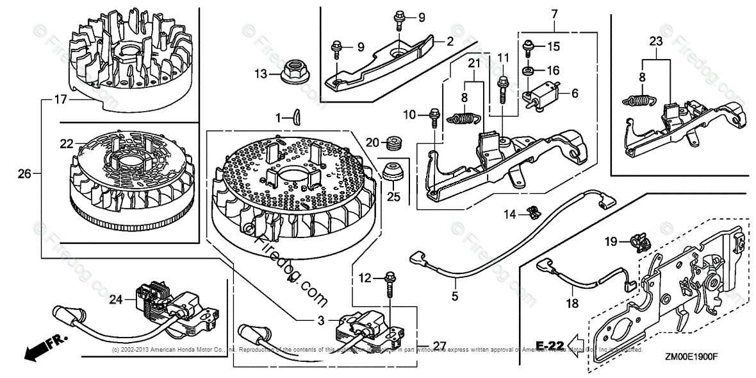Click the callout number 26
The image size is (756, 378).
coord(24,173)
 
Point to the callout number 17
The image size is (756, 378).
coord(60,99)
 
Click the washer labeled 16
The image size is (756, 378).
coord(528,70)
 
